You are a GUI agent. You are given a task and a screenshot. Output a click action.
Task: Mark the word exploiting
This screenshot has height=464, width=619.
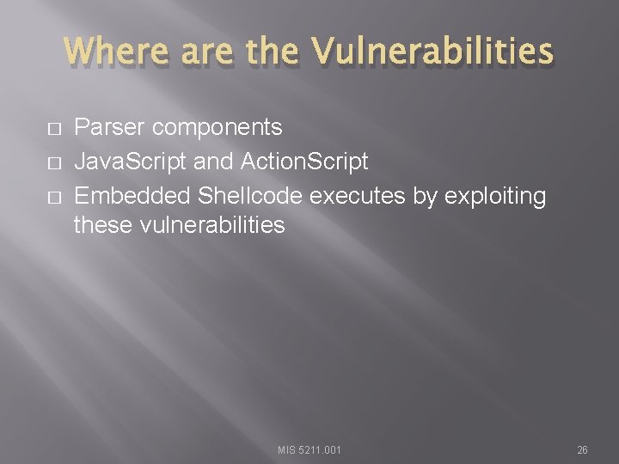[x=495, y=195]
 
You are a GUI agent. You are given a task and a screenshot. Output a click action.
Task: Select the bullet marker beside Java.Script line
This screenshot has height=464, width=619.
[x=52, y=162]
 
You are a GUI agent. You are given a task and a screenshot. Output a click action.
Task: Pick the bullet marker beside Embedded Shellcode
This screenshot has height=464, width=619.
[x=52, y=196]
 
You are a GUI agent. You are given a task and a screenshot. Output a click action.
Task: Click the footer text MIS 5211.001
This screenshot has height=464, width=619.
[x=309, y=449]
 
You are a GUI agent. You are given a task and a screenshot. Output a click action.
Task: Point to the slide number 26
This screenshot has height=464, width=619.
[x=582, y=449]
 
